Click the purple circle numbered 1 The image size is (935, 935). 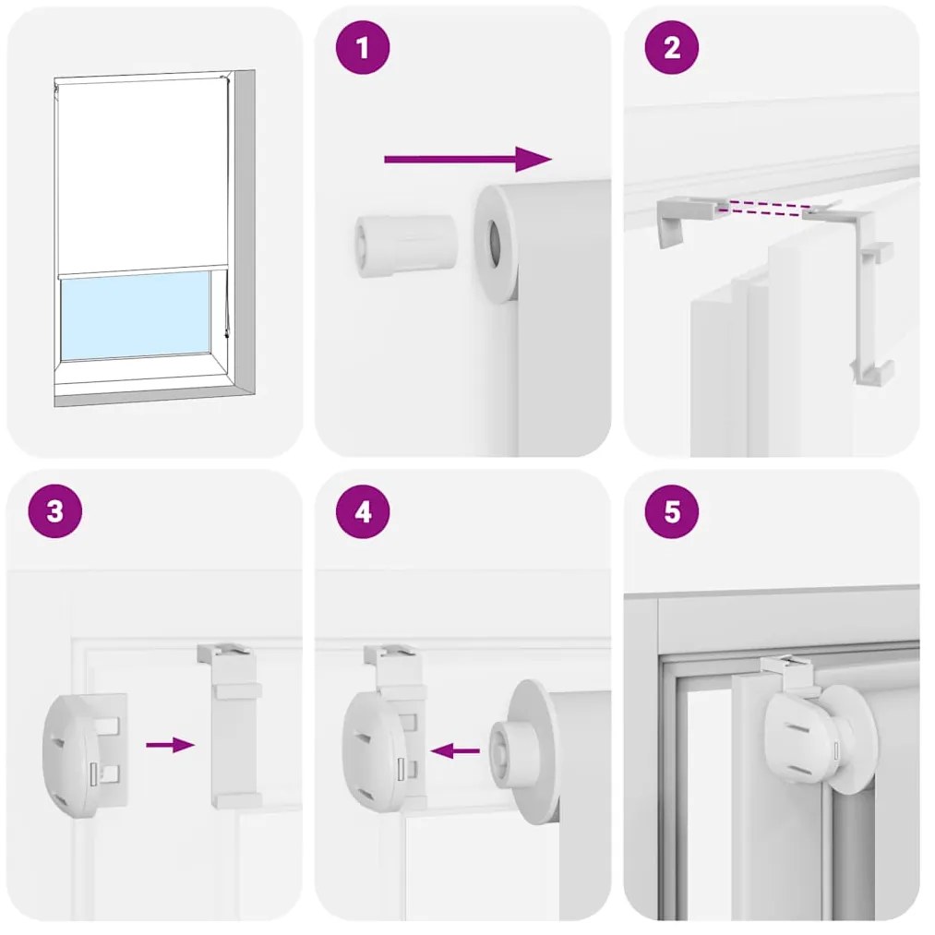click(x=363, y=48)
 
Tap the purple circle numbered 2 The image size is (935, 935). click(x=672, y=48)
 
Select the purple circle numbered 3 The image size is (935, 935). click(x=54, y=511)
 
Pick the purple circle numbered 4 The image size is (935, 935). click(x=363, y=511)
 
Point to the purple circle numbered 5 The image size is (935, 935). click(x=672, y=511)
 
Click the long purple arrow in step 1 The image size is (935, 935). click(x=468, y=159)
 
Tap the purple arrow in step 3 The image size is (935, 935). click(x=171, y=745)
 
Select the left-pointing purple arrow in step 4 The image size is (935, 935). click(x=455, y=750)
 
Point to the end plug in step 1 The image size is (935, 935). click(x=406, y=246)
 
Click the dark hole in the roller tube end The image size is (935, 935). click(x=496, y=244)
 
